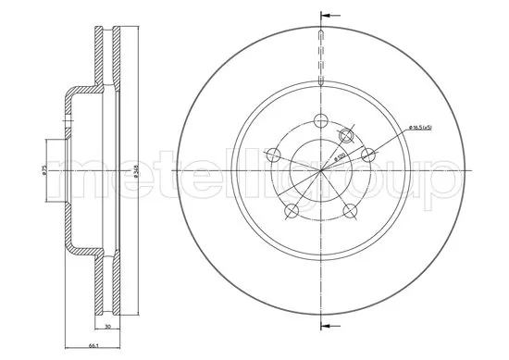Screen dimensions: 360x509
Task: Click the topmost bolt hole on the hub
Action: pyautogui.click(x=320, y=120)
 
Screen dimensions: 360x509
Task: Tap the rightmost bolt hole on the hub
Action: pyautogui.click(x=367, y=155)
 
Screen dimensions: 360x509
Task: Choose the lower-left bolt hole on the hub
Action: pyautogui.click(x=291, y=212)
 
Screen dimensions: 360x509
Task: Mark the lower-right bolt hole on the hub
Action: pyautogui.click(x=350, y=212)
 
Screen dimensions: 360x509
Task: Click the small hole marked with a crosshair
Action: pyautogui.click(x=346, y=135)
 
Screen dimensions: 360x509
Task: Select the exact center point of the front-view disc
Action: pyautogui.click(x=319, y=170)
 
